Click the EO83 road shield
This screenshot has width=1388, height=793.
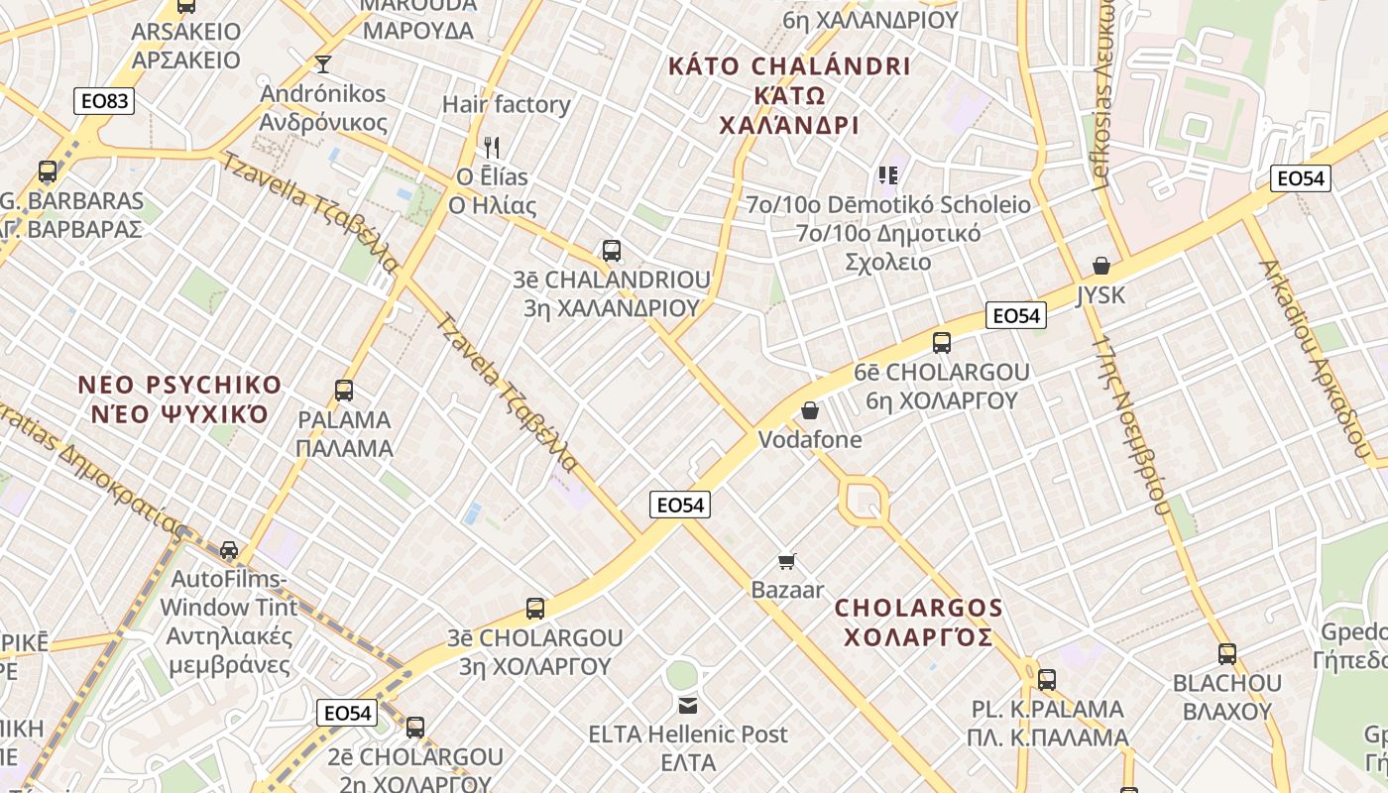pos(103,100)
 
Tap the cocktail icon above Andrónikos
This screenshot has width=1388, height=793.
pos(322,64)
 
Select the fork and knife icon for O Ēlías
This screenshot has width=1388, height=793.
pos(492,148)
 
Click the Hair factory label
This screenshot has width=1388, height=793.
pos(506,104)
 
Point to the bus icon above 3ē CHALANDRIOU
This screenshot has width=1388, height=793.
pos(612,251)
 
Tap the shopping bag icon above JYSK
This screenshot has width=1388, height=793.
pos(1100,266)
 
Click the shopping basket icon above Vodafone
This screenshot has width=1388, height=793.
pos(810,410)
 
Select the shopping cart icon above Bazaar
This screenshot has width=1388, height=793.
pos(787,562)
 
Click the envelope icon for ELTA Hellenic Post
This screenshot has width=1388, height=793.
pos(688,706)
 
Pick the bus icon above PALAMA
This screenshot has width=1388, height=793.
pos(344,391)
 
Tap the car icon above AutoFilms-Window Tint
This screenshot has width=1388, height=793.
pos(229,549)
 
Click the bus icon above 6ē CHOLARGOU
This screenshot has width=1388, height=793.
pos(942,343)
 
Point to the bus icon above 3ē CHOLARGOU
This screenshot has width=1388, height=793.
pos(535,609)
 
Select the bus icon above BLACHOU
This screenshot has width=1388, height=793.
pos(1227,654)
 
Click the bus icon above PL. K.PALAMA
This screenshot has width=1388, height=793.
pos(1047,680)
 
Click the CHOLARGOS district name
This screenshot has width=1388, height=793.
pos(919,622)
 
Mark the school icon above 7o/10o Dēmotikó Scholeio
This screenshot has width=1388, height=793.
pos(887,175)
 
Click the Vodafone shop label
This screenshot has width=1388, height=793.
pos(810,439)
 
